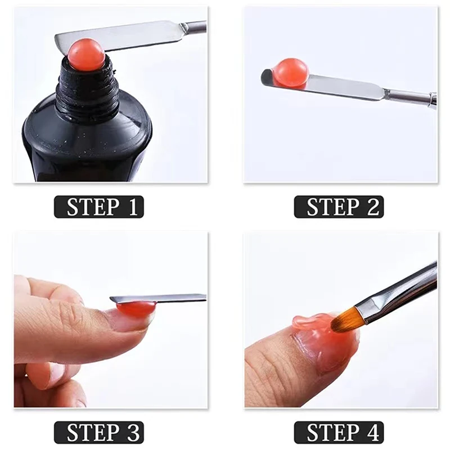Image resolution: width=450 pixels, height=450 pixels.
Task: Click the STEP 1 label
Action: pos(98,207)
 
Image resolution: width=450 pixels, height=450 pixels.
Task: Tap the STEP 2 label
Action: pos(339,207)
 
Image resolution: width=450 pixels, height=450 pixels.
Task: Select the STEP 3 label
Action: pos(98,432)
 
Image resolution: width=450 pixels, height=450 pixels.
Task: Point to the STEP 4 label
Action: pos(339,432)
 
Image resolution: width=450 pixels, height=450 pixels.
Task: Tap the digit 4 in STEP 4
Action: pos(372,432)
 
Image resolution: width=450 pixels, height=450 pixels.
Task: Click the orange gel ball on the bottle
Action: pos(86,55)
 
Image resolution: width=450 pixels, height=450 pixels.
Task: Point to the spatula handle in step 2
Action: pos(405,97)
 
